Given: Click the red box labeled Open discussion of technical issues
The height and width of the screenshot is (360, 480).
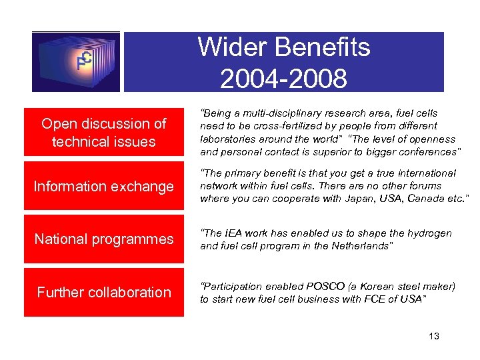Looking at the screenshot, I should (103, 133).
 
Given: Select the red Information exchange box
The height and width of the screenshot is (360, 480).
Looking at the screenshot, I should (103, 186).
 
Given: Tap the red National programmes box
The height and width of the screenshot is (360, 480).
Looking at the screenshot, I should (103, 239).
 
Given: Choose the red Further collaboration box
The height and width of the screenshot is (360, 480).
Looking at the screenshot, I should (103, 292).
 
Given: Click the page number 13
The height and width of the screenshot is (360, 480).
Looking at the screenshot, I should (434, 336).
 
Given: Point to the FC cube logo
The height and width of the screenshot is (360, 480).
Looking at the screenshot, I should (76, 61).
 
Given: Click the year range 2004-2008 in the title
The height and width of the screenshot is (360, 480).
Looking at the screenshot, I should (283, 79).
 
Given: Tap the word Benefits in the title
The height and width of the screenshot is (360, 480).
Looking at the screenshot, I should (319, 48).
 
